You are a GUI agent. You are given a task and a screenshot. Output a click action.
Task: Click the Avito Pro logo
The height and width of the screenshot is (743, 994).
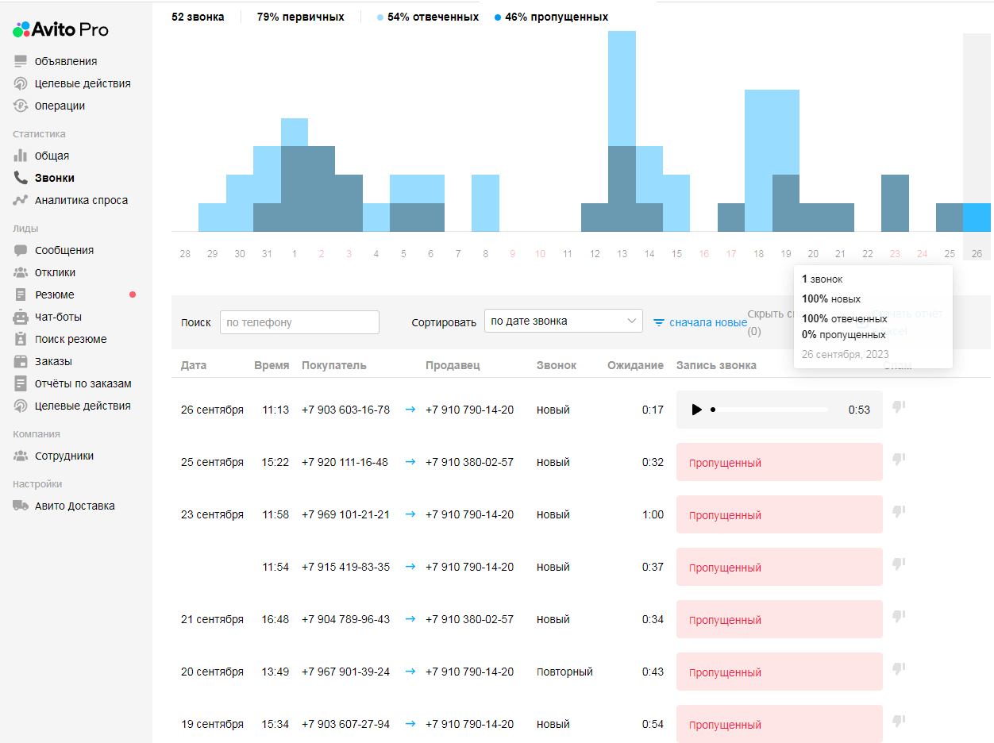point(61,30)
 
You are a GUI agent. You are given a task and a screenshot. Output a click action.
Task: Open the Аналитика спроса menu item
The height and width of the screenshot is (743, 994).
point(80,200)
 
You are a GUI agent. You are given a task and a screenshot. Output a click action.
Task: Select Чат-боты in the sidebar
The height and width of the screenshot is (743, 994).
point(58,317)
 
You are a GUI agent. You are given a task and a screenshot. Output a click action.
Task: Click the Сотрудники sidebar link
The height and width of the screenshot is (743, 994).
point(64,456)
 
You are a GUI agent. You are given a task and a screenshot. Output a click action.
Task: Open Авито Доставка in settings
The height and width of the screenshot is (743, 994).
point(74,506)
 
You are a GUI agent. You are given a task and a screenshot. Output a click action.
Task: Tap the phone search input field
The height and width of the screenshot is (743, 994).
point(299,322)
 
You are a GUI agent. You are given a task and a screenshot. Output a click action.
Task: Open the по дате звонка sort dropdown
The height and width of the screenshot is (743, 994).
point(563,321)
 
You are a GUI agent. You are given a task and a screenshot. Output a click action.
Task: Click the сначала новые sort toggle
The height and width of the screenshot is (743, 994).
point(699,322)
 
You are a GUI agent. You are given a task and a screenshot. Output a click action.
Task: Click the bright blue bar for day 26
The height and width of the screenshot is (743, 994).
point(977,217)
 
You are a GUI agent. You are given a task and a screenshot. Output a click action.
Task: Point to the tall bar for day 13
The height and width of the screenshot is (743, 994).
point(622,131)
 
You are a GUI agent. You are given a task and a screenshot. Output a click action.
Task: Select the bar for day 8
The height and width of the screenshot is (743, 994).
point(485,202)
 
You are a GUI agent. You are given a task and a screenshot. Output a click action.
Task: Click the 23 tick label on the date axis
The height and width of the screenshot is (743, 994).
point(895,254)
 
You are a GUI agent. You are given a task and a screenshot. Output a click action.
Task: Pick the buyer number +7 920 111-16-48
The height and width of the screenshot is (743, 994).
point(345,462)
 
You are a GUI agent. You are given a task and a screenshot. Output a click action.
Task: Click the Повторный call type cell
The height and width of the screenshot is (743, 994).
point(564,672)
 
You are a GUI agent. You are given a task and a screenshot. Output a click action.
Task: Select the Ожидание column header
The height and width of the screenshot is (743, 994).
point(635,365)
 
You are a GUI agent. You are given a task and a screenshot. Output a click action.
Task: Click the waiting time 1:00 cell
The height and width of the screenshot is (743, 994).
point(653,514)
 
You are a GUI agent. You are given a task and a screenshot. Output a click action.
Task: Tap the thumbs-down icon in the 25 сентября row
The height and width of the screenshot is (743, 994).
point(899,459)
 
